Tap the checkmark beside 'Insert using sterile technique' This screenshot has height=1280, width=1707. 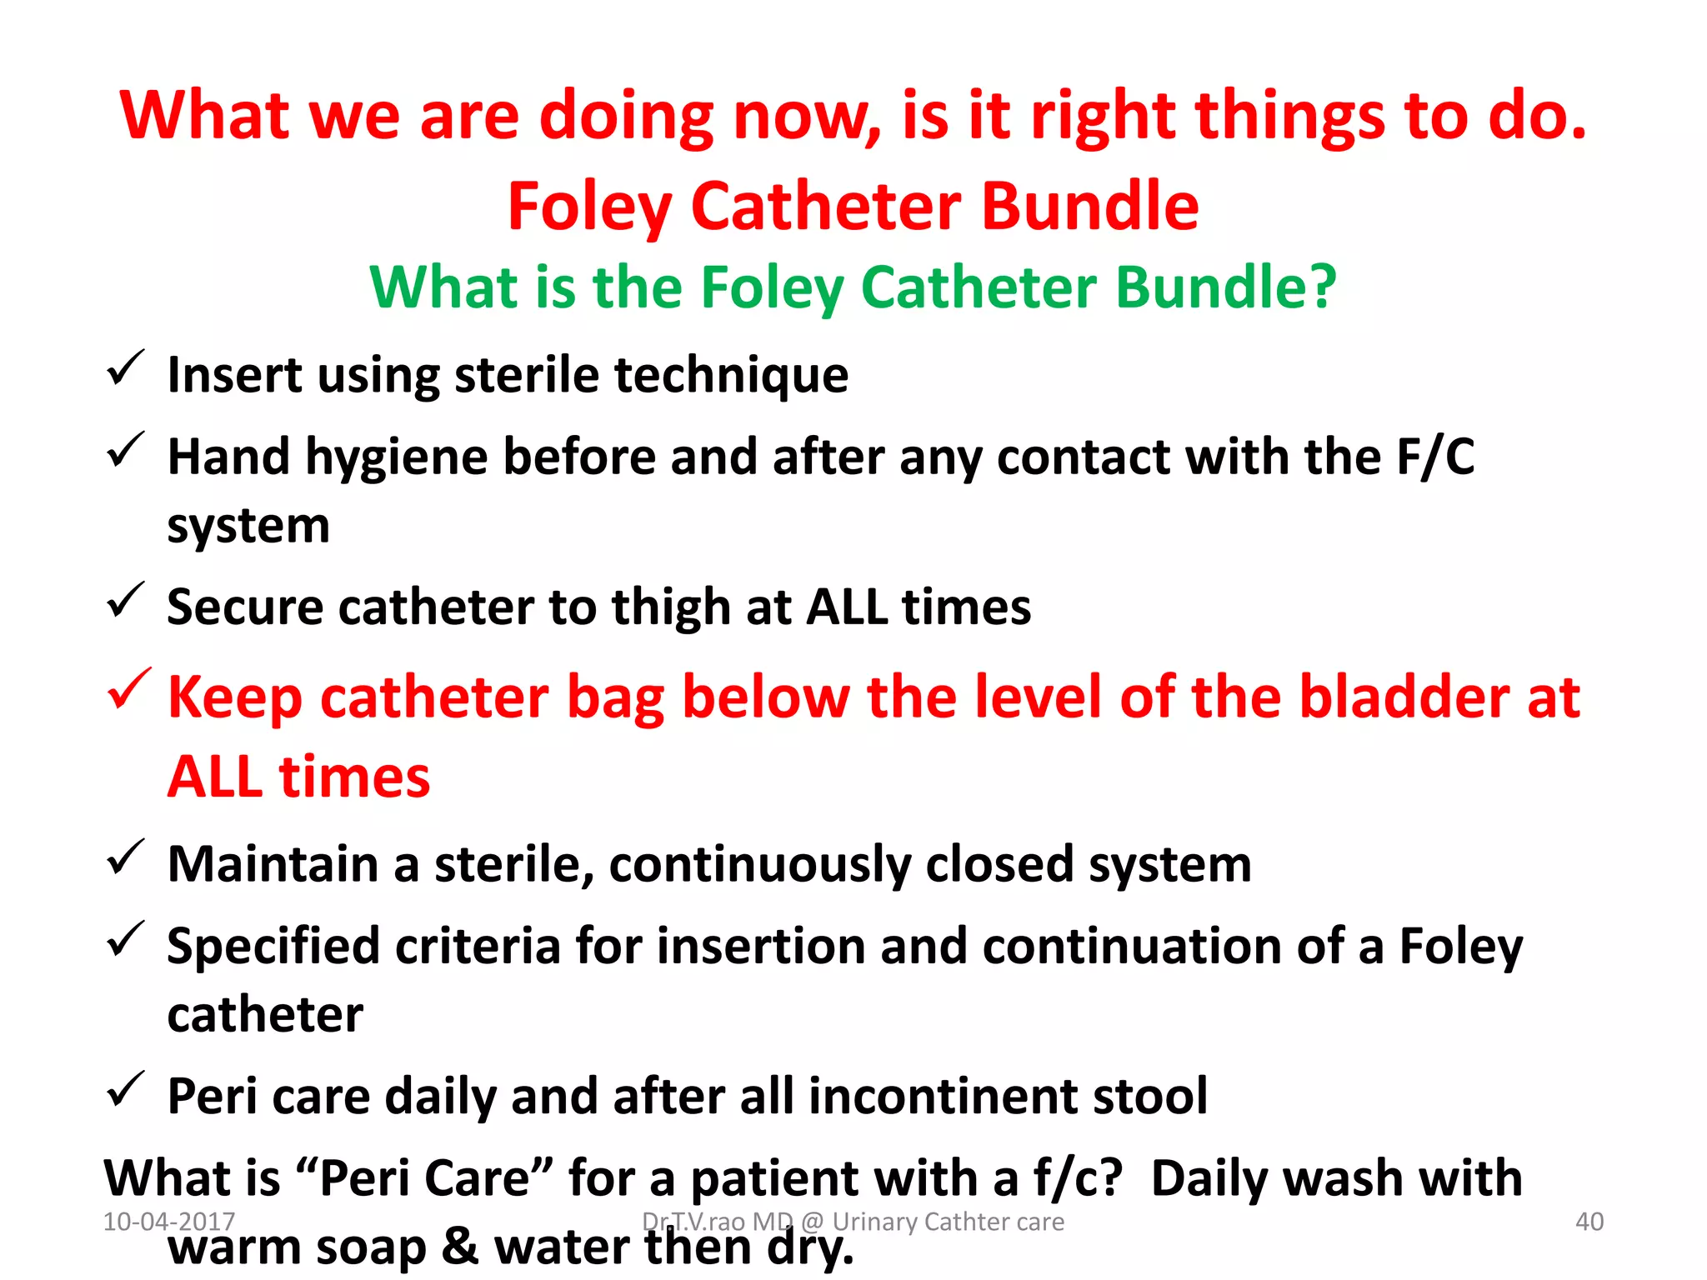[126, 369]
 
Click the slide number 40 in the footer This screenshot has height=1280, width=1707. [1589, 1222]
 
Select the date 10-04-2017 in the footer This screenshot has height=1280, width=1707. [169, 1222]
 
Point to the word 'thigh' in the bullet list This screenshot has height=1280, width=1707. [671, 607]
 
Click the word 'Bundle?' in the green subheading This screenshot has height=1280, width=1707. [1225, 287]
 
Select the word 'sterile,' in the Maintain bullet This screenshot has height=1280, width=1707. [514, 864]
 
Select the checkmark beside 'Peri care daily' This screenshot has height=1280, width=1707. [126, 1090]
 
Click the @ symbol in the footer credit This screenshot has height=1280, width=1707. [812, 1222]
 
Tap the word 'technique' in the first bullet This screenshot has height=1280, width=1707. [731, 375]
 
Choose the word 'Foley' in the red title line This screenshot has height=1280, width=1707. [588, 207]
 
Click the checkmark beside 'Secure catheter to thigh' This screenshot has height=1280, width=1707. [126, 601]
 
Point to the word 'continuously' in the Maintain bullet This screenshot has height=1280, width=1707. [759, 864]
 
